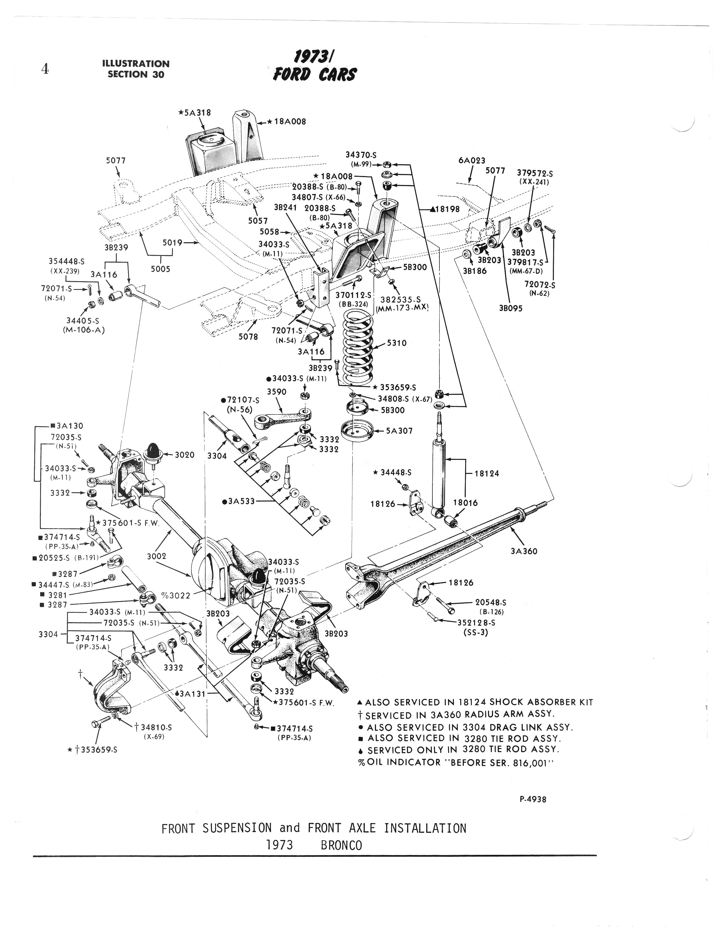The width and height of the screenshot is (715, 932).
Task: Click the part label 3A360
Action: click(x=524, y=551)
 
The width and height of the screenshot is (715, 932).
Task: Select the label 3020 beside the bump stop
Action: click(x=184, y=455)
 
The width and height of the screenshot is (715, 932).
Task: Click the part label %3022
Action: click(x=175, y=595)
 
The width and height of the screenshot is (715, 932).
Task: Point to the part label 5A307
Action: click(x=399, y=431)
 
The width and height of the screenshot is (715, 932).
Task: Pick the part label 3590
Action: click(x=277, y=391)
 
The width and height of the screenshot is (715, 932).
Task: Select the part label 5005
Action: click(x=161, y=269)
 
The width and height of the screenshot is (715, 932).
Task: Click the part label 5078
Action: click(x=248, y=336)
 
